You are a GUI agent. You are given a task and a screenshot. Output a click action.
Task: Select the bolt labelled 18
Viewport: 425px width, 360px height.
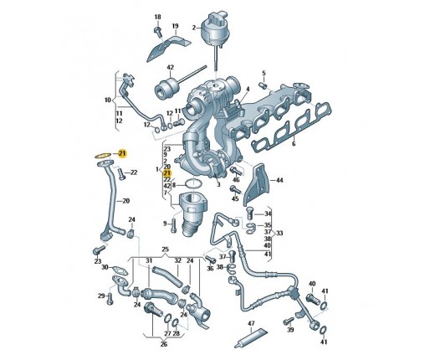point(157,31)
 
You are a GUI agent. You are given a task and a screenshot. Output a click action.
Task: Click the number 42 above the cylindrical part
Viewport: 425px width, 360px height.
point(170,68)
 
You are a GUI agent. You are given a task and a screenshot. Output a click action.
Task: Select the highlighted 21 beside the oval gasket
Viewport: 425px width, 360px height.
point(122,153)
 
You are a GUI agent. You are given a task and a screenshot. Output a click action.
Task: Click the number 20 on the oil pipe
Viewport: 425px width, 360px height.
point(126,201)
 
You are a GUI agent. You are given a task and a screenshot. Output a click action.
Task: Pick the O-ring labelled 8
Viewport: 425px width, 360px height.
point(193,184)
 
